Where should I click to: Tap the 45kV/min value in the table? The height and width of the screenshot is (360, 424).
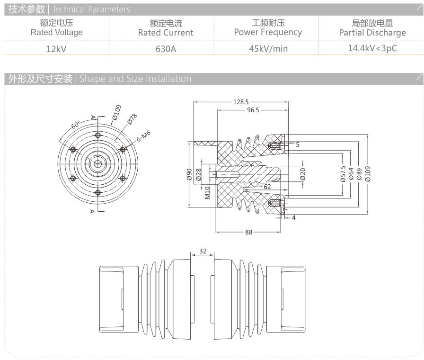[268, 48]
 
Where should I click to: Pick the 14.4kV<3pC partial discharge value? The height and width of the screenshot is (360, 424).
[372, 48]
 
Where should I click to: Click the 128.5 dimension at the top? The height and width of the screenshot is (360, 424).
[240, 101]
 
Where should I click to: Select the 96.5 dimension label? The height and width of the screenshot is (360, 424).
[249, 110]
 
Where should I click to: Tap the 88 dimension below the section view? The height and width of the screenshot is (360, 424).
[247, 232]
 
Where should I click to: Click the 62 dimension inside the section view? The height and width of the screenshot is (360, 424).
[267, 187]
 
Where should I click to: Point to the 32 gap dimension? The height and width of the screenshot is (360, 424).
[203, 252]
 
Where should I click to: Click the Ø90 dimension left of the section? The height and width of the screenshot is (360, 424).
[188, 174]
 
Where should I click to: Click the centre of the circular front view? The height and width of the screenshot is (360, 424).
[97, 163]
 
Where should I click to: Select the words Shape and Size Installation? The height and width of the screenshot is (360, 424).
[135, 79]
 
